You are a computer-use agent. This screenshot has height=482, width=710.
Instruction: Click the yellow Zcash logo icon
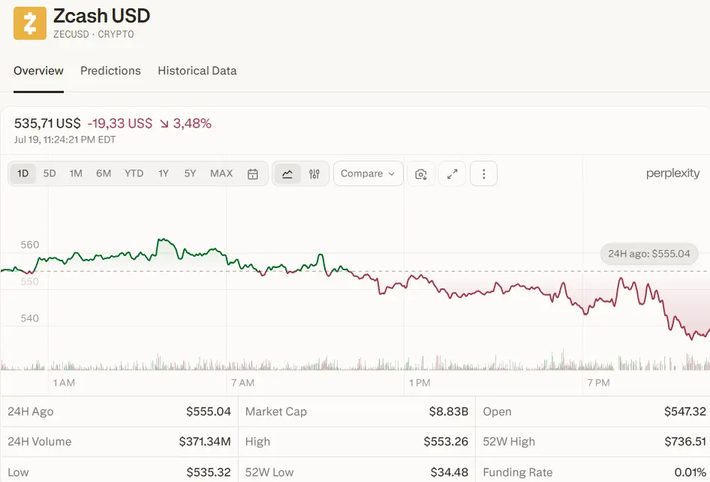30,23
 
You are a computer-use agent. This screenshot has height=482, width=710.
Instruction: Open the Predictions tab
110,71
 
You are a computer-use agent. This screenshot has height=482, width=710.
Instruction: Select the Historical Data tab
197,71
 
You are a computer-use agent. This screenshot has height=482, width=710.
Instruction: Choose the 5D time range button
50,173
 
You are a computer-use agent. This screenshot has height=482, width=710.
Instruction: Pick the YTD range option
134,173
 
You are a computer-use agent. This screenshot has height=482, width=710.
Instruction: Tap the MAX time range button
221,173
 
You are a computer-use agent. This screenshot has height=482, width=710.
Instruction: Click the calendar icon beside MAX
253,174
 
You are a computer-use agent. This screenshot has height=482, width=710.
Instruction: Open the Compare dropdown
368,173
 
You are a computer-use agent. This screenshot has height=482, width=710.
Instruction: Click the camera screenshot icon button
421,173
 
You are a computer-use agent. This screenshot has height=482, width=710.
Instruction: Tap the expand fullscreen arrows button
453,173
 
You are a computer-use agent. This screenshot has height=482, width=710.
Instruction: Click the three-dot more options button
483,173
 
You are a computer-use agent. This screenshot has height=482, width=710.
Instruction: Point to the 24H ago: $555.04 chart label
649,254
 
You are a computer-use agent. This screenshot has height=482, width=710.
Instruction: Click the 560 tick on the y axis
30,245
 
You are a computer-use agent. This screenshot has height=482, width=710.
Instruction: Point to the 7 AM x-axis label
242,383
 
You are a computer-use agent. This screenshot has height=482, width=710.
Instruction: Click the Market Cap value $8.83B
448,411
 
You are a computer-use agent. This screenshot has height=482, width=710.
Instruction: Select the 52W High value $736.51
685,441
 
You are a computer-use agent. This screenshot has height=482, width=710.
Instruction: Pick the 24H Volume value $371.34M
205,441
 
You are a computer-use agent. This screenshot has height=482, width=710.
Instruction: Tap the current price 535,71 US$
47,123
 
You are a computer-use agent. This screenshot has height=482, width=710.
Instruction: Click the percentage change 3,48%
192,123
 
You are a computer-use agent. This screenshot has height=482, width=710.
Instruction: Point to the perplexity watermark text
673,173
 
